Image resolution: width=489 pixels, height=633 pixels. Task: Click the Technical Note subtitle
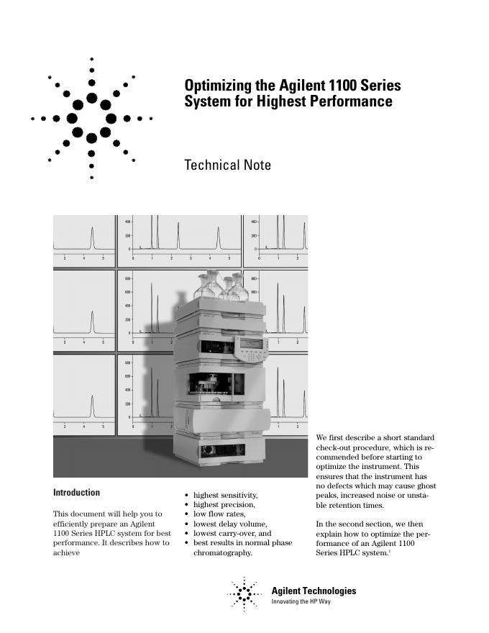click(228, 165)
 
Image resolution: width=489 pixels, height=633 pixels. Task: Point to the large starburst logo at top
click(91, 117)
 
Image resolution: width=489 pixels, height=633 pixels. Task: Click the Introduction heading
click(77, 493)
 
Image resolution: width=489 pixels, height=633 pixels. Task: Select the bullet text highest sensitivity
click(225, 495)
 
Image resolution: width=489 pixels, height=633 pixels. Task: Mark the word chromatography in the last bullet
click(223, 553)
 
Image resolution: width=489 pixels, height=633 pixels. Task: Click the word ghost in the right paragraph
click(424, 486)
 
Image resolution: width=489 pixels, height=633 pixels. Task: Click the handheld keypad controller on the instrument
click(252, 350)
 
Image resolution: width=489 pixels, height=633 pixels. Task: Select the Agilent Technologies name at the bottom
click(314, 591)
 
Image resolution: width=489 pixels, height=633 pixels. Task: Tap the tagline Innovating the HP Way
click(301, 601)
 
